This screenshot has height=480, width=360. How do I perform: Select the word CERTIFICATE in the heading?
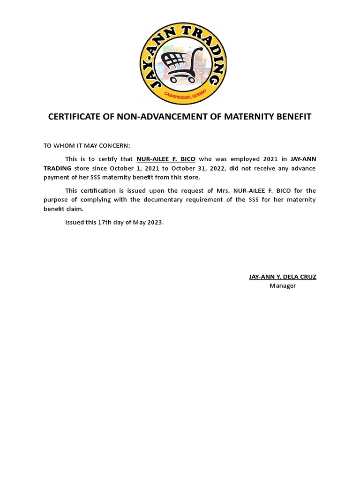(x=76, y=116)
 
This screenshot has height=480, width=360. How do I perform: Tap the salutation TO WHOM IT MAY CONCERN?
(x=87, y=146)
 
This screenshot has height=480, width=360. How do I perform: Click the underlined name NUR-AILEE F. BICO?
(x=166, y=159)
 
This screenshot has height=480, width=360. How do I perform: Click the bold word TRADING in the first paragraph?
(x=58, y=168)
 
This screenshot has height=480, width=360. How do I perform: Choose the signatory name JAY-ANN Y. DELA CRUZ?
(x=282, y=277)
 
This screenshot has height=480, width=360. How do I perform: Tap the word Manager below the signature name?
(x=282, y=285)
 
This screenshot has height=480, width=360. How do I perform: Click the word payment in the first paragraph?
(x=57, y=177)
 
